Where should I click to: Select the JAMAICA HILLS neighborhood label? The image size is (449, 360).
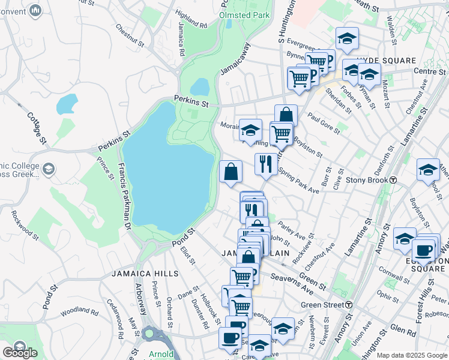(145, 274)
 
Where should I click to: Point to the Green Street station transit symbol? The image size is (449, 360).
(348, 305)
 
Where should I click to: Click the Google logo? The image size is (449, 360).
(20, 353)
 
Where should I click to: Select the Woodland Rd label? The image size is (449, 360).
(79, 311)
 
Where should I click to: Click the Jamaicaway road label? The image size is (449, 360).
(234, 59)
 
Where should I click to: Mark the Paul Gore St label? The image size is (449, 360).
(324, 122)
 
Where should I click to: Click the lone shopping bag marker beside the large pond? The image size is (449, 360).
(231, 172)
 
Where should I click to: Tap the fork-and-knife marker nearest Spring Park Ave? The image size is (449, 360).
(265, 163)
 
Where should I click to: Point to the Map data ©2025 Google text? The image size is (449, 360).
(412, 355)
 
